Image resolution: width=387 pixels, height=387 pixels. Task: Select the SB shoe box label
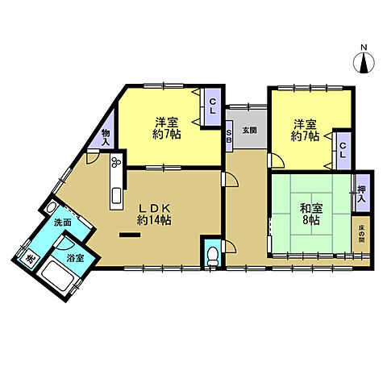tap(229, 134)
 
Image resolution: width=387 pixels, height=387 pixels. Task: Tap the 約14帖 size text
tap(153, 219)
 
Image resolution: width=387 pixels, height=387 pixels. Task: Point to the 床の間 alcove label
tap(362, 234)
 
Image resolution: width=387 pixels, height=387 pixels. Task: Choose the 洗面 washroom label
tap(63, 223)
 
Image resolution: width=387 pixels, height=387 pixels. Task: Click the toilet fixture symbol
tap(212, 256)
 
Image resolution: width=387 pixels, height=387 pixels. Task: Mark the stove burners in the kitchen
tap(116, 164)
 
